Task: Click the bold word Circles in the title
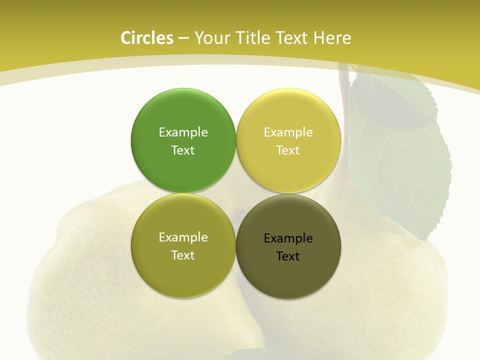tap(146, 38)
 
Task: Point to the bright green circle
tap(183, 140)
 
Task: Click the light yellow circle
tap(288, 140)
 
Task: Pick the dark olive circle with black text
tap(288, 246)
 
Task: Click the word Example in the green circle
tap(183, 132)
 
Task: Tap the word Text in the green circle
tap(183, 150)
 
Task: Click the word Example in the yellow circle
tap(288, 132)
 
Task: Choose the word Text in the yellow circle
tap(288, 150)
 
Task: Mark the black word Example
tap(288, 238)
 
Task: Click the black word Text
tap(288, 256)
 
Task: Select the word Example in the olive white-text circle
tap(183, 237)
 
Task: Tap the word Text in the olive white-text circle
tap(183, 255)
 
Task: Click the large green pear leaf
tap(400, 155)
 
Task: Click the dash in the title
tap(183, 38)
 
